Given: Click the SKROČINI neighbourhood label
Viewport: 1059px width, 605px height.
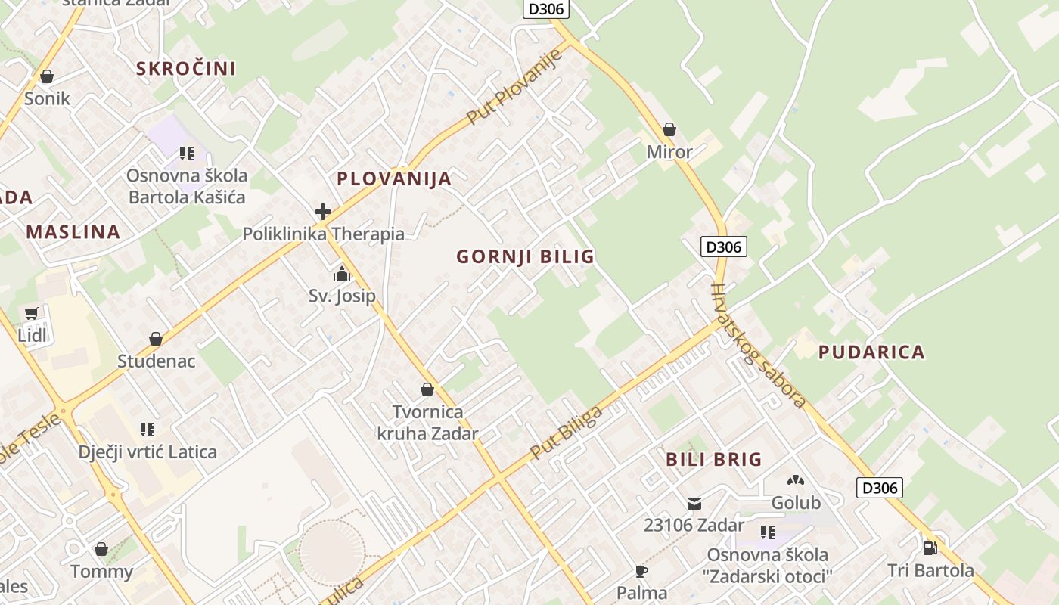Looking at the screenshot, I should [186, 69].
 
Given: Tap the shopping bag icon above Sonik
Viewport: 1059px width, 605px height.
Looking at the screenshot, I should [47, 76].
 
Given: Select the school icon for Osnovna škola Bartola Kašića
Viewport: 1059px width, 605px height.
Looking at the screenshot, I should [187, 154].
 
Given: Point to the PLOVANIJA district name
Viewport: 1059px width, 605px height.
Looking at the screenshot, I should [394, 179].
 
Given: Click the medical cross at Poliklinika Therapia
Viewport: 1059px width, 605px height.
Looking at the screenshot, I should [323, 212].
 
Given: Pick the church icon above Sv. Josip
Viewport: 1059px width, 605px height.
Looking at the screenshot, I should [342, 274].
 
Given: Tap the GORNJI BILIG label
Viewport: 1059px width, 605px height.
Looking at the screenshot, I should [525, 257].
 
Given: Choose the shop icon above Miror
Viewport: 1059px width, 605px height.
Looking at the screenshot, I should [669, 129].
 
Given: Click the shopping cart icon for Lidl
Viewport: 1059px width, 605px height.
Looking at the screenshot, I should [32, 313].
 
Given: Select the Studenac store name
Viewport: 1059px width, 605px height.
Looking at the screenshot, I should [156, 361].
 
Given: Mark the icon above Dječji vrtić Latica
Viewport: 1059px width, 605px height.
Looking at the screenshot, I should [148, 430].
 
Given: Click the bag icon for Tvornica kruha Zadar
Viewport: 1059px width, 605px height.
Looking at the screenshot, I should [427, 389].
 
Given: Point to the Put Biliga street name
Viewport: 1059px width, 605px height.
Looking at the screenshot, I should [567, 433].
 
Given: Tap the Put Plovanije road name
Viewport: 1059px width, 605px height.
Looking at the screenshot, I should [516, 86].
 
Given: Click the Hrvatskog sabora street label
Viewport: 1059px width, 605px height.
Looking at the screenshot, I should [759, 346].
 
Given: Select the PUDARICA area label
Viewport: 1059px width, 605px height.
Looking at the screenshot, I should [871, 352].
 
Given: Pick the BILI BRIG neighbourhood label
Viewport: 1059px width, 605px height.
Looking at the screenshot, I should [713, 460].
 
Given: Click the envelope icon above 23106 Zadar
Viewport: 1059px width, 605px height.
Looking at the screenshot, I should [694, 503].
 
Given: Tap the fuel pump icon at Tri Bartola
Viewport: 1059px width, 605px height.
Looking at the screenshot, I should [930, 548].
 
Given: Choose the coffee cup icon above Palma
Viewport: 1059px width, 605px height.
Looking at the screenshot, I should [641, 571].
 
